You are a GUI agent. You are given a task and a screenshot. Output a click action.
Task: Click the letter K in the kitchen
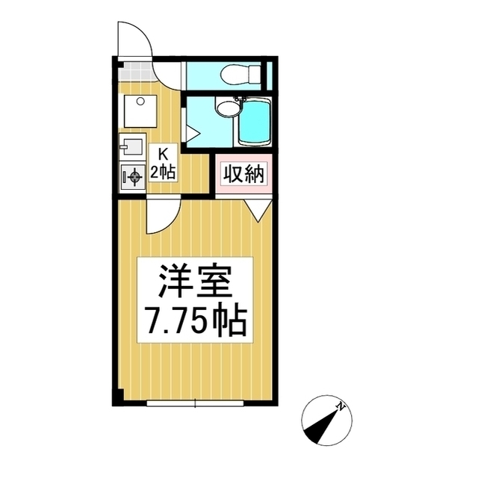(x=161, y=155)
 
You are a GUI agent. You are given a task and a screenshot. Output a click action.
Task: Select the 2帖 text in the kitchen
(x=162, y=173)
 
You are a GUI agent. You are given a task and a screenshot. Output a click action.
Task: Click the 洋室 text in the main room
(x=194, y=282)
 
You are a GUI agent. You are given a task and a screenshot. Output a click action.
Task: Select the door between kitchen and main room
(x=159, y=217)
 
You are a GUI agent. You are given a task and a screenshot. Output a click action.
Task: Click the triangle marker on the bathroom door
(x=191, y=135)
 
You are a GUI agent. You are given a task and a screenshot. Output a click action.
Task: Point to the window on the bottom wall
(x=194, y=404)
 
